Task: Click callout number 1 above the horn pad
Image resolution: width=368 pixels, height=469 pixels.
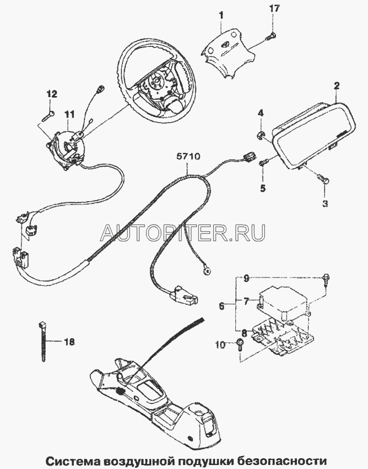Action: [x=221, y=13]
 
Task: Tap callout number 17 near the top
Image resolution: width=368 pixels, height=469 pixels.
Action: [x=274, y=10]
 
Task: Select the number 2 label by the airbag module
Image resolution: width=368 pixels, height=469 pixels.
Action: [x=336, y=86]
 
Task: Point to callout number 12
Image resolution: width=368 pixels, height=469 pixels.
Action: [x=51, y=94]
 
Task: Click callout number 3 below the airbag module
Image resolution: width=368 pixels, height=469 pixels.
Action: [x=325, y=202]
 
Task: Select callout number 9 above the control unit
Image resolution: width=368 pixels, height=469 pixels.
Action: [x=246, y=277]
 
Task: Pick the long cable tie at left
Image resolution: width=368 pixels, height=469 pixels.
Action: [x=44, y=342]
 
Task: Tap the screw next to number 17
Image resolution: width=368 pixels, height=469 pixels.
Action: [x=271, y=37]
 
